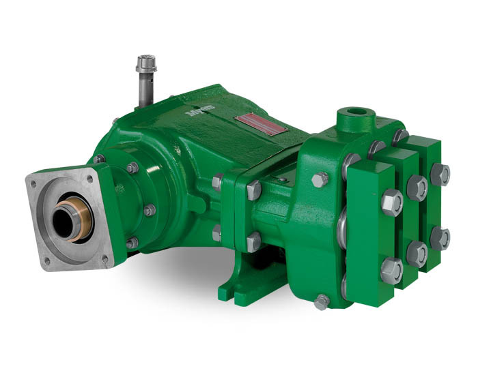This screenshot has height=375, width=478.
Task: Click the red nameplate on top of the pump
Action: (260, 124)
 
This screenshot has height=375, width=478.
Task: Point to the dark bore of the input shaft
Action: (65, 223)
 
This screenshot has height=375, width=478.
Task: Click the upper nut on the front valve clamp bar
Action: (391, 202)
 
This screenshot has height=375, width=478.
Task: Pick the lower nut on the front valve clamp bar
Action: (391, 270)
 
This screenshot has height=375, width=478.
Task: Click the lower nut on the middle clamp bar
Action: (417, 253)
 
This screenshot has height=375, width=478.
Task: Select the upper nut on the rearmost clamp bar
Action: (440, 174)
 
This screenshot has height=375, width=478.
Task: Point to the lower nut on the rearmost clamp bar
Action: (440, 237)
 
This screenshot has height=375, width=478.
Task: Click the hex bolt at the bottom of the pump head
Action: (322, 301)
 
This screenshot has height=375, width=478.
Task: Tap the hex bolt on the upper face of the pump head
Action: (320, 180)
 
